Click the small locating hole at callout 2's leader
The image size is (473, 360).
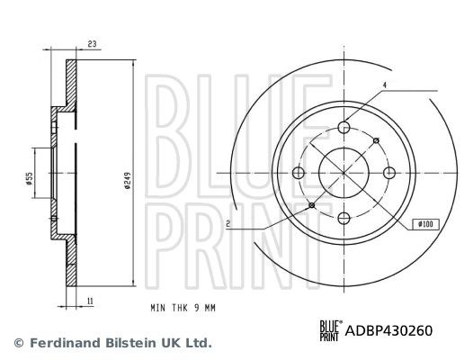(312, 206)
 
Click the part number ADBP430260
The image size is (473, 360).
(391, 330)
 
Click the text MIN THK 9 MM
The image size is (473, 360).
(183, 309)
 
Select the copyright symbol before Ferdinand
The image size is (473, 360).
(18, 343)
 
